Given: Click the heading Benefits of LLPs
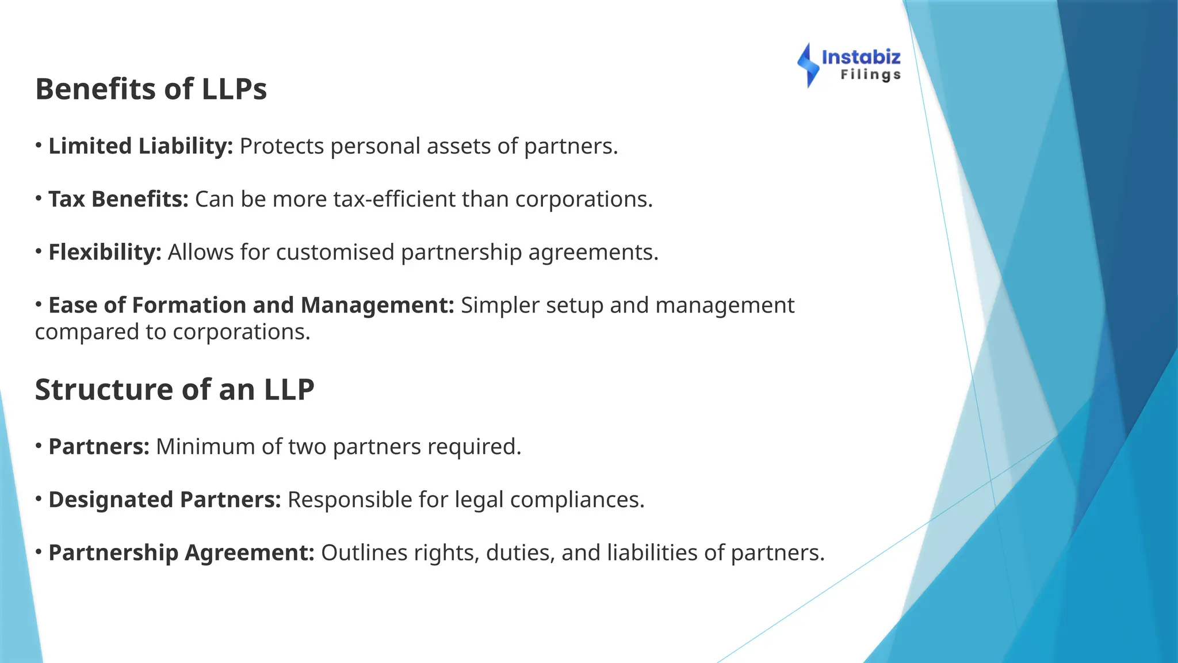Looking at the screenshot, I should (x=151, y=89).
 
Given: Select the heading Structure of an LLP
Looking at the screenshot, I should (x=174, y=390).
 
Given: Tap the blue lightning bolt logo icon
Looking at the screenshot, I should (x=808, y=65).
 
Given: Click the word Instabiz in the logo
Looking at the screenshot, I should (x=861, y=57).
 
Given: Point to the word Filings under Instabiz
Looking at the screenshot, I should (x=870, y=75).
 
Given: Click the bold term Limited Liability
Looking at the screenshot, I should (x=140, y=146).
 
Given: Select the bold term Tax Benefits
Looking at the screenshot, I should (x=118, y=199).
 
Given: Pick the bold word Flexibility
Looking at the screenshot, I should (x=105, y=252).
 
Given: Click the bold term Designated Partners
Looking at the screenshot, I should (x=165, y=500).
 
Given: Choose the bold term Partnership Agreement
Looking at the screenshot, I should (x=181, y=552).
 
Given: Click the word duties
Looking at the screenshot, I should (x=520, y=552).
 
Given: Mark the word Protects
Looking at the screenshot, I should (x=282, y=146).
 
